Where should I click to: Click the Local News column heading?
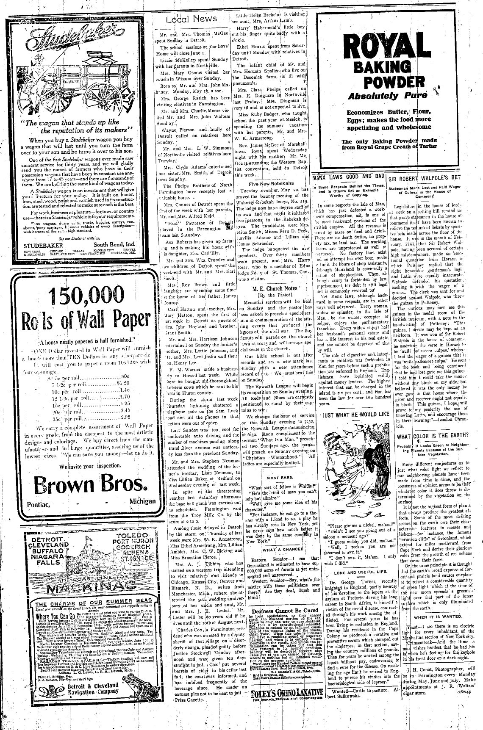[191, 19]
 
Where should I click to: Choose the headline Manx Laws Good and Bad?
[348, 176]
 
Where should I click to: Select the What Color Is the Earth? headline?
[433, 436]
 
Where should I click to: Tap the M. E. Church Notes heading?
[273, 288]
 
